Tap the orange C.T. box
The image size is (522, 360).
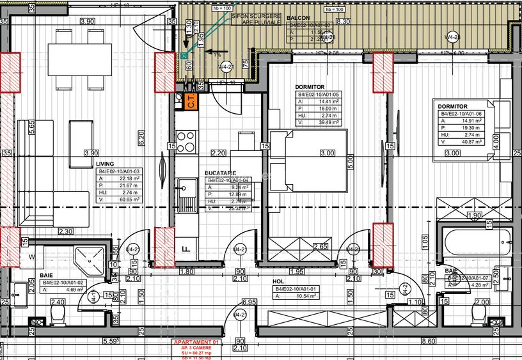pos(191,100)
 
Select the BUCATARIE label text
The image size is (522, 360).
pos(220,173)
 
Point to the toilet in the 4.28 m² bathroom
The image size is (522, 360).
pos(478,314)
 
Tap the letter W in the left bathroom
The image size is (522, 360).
pos(32,257)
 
